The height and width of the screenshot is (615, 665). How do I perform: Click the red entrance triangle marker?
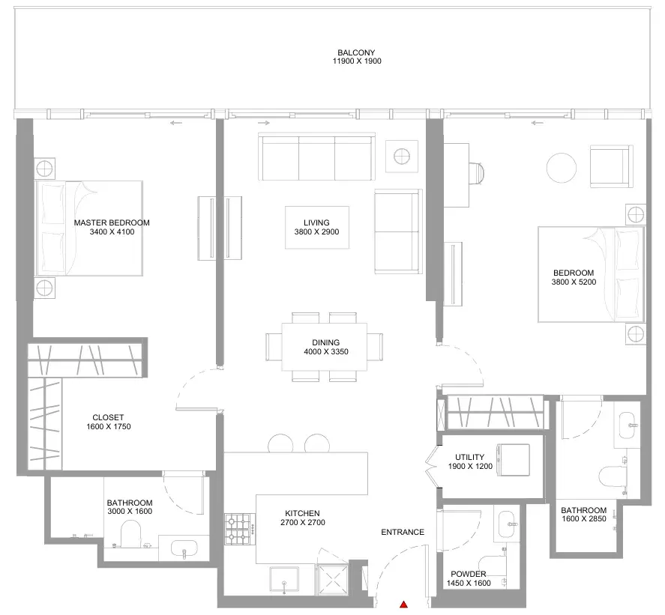coord(404,605)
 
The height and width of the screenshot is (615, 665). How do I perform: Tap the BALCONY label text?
coord(356,52)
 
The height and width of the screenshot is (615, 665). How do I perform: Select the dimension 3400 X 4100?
coord(112,232)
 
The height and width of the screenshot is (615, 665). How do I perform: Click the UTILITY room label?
coord(469,457)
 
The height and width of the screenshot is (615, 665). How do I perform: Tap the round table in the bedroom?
coord(562,168)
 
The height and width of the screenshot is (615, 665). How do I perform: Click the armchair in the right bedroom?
coord(612,166)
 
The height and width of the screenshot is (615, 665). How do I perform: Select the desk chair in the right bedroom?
coord(478,174)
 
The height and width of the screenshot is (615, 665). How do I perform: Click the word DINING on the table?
coord(325,342)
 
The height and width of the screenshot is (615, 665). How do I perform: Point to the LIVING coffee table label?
coord(316,222)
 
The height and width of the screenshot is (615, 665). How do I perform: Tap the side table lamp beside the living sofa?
coord(402,157)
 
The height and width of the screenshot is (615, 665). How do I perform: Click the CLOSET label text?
coord(108,417)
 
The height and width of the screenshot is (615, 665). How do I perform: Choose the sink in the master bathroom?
coord(184,548)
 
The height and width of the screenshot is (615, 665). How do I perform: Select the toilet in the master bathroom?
coord(130,533)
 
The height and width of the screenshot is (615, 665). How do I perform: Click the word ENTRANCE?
coord(403,532)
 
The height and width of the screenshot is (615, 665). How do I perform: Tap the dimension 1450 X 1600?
coord(469,584)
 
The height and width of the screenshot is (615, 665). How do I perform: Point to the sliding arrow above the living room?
coord(264,123)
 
